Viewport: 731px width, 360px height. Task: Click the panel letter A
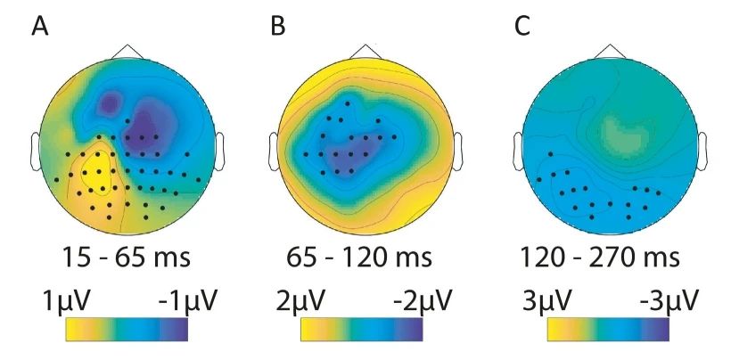point(39,27)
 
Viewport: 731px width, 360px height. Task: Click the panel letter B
point(278,27)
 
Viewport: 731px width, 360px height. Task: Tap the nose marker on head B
point(365,50)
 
